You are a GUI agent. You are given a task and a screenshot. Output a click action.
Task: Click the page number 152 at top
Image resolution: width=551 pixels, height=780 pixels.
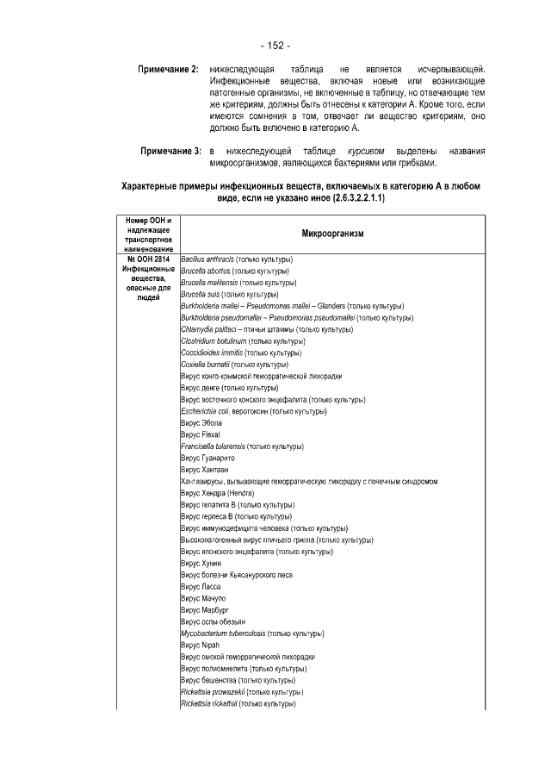tap(275, 45)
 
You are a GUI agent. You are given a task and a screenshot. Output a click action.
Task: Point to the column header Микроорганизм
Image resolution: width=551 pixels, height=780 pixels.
tap(333, 234)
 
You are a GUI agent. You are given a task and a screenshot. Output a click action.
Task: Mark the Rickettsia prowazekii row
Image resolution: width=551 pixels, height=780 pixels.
tap(242, 691)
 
